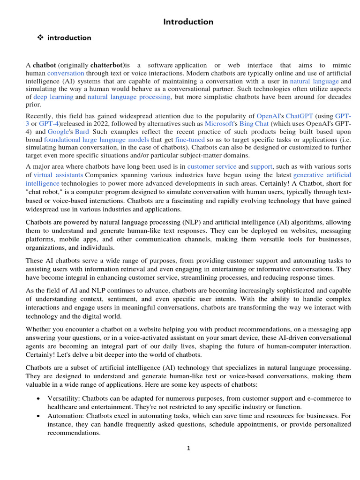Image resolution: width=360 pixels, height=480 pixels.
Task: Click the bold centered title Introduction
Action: pyautogui.click(x=188, y=22)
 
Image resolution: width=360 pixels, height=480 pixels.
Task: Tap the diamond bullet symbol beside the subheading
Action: pyautogui.click(x=40, y=38)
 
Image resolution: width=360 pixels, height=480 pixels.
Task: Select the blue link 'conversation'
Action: pyautogui.click(x=66, y=73)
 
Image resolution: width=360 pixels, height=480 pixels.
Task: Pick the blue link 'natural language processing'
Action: pyautogui.click(x=129, y=97)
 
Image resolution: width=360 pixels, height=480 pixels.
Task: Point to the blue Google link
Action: pyautogui.click(x=58, y=132)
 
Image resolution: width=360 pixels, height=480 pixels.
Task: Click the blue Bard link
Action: pyautogui.click(x=82, y=132)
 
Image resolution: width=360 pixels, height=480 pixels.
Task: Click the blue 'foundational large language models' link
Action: pyautogui.click(x=97, y=140)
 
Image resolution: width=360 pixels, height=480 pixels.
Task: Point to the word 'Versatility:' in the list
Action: pyautogui.click(x=63, y=398)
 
